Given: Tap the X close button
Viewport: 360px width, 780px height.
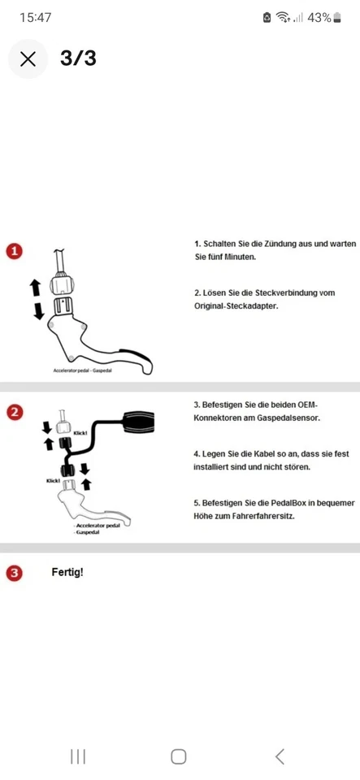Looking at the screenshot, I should point(28,58).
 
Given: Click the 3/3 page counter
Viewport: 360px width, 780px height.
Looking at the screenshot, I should point(78,58).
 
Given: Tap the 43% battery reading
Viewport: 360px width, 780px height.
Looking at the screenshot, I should point(319,17).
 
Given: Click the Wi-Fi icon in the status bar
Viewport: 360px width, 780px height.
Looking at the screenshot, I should point(284,17).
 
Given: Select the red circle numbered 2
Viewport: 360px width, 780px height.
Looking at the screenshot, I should point(14,412).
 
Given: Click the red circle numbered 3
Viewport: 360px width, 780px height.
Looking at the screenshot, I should point(14,572).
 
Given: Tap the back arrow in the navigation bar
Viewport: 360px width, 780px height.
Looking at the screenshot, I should point(280,756).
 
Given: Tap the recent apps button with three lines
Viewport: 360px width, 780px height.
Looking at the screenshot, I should point(78,756).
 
